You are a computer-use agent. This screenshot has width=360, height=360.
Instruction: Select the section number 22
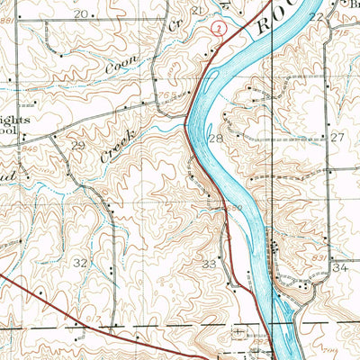point(316,16)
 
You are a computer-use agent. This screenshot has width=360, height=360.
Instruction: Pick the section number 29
point(78,146)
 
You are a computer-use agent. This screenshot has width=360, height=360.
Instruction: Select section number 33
point(210,264)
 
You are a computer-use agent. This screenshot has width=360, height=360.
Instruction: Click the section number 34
point(339,268)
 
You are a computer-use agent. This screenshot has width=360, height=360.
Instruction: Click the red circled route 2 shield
point(217,30)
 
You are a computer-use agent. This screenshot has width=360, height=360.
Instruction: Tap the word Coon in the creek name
point(117,65)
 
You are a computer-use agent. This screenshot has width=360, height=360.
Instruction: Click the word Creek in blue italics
point(118,145)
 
